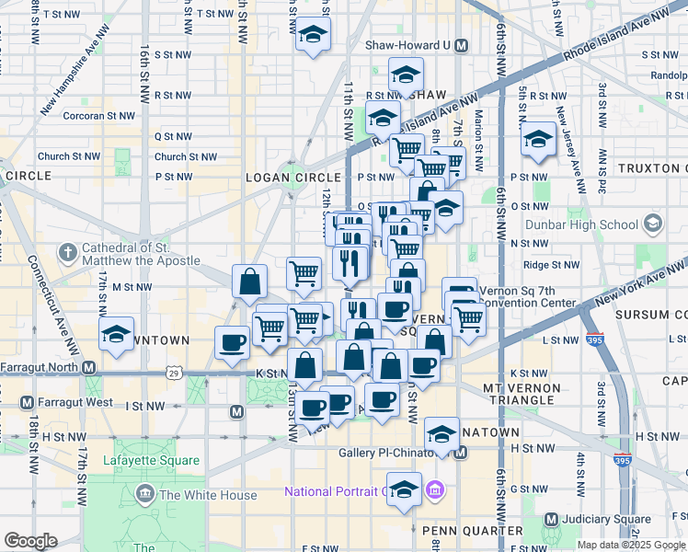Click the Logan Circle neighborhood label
click(x=280, y=177)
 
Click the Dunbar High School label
click(x=580, y=224)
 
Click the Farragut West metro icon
click(x=26, y=403)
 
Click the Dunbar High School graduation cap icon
click(x=652, y=224)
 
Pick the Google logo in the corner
click(x=30, y=540)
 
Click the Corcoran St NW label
click(x=98, y=116)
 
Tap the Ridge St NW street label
click(x=552, y=265)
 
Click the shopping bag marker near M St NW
click(x=250, y=282)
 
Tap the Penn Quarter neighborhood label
click(x=459, y=531)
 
